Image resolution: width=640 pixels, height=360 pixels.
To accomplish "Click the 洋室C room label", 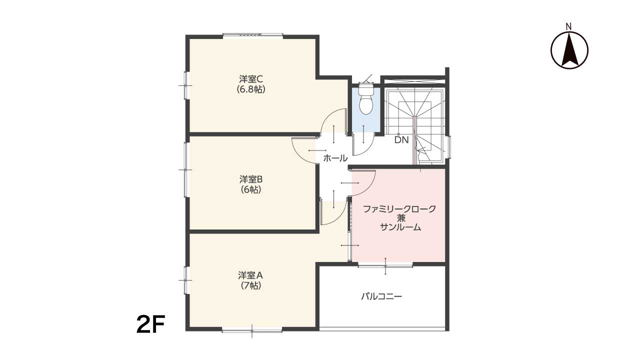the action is coord(251,78).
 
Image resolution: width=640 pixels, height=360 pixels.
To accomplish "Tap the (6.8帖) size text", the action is coord(251,89).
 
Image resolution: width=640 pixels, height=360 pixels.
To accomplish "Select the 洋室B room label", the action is coord(251,179).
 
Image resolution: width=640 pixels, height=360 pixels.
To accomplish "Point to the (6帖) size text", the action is coord(251,189).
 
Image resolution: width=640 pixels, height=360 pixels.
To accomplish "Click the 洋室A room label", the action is coord(250,275).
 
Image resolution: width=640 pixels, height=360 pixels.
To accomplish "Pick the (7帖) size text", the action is coord(251,285).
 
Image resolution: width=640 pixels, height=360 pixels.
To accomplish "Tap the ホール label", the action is coord(335,158).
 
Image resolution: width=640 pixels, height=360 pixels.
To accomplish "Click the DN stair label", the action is coord(401,140).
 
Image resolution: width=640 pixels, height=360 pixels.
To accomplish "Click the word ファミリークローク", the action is coord(399,209).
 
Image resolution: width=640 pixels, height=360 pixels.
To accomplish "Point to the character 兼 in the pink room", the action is coord(401,218).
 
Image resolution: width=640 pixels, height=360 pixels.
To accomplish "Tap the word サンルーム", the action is coord(400,227).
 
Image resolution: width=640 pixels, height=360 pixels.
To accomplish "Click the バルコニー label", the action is coord(381,296).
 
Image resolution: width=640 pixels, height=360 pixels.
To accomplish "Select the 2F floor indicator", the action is coord(151,324).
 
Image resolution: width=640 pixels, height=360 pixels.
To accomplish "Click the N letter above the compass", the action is coord(569,27).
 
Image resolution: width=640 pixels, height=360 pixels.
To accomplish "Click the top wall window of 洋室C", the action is coord(253,35).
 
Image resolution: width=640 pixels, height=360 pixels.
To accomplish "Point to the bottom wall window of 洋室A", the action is coord(252,331).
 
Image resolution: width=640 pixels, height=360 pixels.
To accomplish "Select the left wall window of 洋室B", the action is coord(186,169).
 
